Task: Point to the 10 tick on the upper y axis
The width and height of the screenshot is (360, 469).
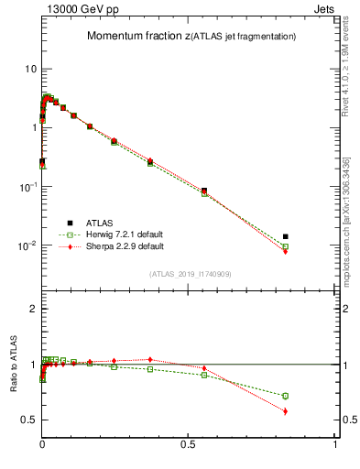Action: (28, 70)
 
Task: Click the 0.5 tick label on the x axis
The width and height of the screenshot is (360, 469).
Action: (189, 444)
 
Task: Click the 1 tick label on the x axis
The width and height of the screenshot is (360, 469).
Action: (335, 444)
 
